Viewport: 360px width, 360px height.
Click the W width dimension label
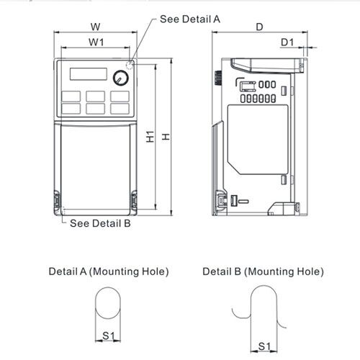tap(95, 27)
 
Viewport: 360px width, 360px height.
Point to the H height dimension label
tap(166, 136)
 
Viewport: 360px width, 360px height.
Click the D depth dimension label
tap(258, 27)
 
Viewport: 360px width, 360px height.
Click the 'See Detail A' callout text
tap(189, 19)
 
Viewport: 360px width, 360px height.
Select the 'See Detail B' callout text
tap(100, 223)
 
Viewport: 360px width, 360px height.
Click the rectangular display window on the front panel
tap(88, 74)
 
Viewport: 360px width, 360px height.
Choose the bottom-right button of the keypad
tap(120, 109)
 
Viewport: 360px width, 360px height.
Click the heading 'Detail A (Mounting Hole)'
tap(108, 271)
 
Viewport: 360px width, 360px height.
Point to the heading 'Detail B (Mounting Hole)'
tap(262, 271)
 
